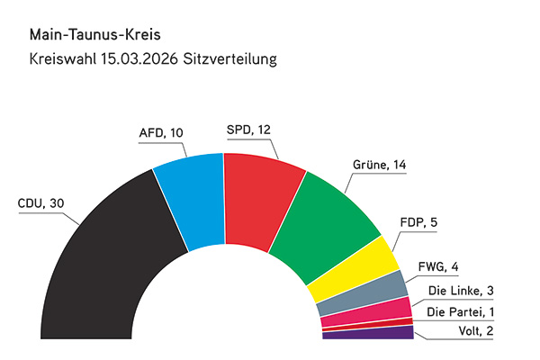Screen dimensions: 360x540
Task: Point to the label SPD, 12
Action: pos(248,129)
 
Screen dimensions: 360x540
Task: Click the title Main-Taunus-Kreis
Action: pos(87,36)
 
